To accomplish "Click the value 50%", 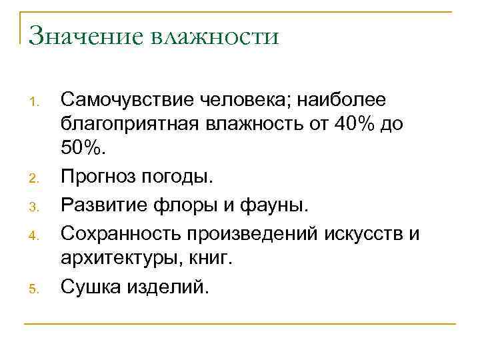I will point(83,151).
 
